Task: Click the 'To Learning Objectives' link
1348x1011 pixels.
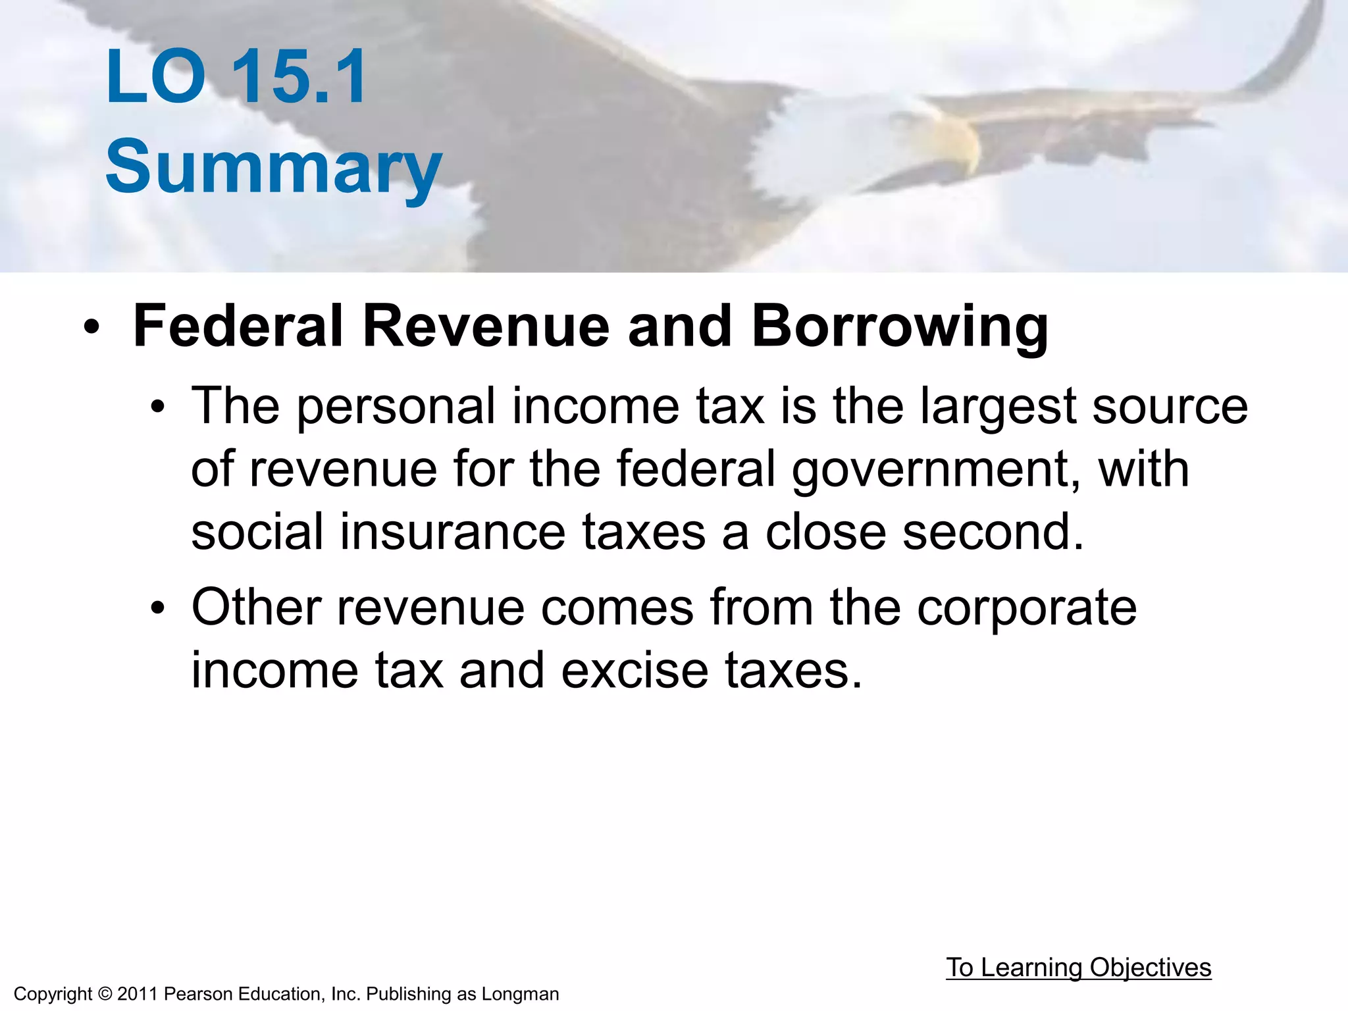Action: pyautogui.click(x=1078, y=968)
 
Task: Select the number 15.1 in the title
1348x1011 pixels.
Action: pyautogui.click(x=299, y=77)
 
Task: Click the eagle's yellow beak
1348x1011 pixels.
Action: pyautogui.click(x=958, y=138)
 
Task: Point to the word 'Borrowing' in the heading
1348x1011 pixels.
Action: pyautogui.click(x=900, y=326)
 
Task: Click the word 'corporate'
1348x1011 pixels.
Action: pyautogui.click(x=1027, y=608)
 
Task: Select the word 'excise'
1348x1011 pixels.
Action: pyautogui.click(x=635, y=671)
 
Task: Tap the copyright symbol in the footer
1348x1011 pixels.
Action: pyautogui.click(x=105, y=994)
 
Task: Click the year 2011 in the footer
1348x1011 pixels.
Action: pyautogui.click(x=138, y=994)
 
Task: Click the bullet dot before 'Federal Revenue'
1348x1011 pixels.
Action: pyautogui.click(x=91, y=327)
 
